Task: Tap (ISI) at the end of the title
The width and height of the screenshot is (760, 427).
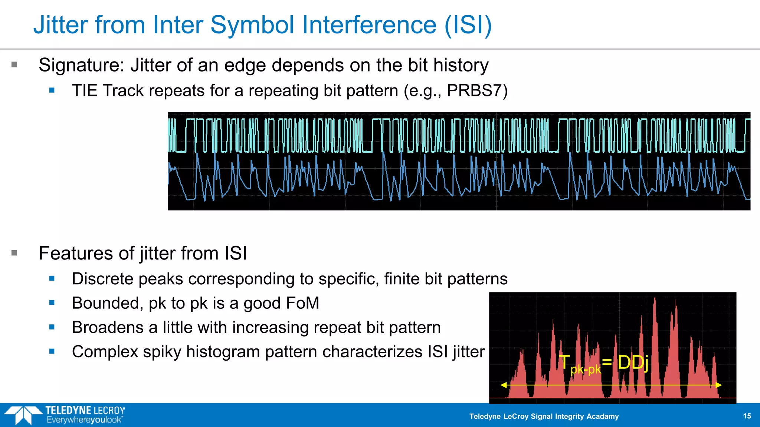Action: point(468,25)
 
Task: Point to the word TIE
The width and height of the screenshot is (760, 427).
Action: point(85,91)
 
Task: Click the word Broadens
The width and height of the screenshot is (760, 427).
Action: point(108,328)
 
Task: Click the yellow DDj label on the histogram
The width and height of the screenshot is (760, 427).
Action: point(633,363)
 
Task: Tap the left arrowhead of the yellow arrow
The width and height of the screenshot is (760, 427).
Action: point(503,385)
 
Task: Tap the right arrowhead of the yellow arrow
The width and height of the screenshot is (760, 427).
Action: point(719,385)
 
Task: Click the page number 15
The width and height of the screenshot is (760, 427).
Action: point(747,416)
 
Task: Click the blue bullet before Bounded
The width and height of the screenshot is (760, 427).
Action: point(52,303)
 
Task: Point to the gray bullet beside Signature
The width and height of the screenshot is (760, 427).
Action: point(14,65)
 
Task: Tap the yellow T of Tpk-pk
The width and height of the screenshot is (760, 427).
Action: point(564,362)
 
